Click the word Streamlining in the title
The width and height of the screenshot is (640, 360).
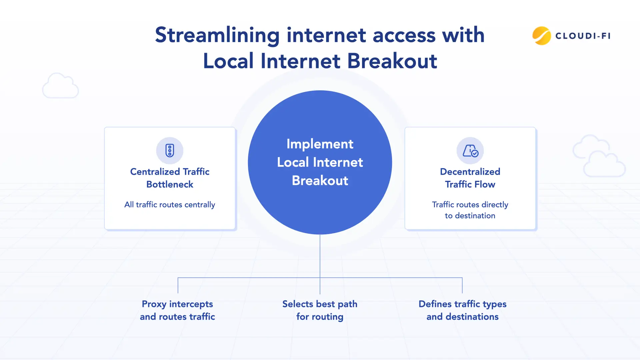(x=217, y=35)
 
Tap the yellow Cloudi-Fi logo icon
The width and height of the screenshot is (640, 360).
(x=541, y=36)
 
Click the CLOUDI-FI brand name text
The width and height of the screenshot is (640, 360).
(x=583, y=36)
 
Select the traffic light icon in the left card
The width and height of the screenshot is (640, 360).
(x=170, y=150)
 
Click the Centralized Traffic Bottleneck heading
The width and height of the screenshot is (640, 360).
(x=170, y=178)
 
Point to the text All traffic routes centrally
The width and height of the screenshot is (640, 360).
(x=170, y=204)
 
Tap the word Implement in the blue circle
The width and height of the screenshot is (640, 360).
(x=320, y=144)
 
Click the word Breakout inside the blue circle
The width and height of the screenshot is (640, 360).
(x=320, y=181)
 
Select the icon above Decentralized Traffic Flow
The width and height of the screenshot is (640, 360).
(x=470, y=151)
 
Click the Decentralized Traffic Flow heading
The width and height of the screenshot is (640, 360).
(x=470, y=178)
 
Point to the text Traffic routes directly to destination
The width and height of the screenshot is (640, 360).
(x=470, y=210)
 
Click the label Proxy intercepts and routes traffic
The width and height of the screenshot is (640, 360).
(x=177, y=310)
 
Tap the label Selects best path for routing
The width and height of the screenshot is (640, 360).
(x=320, y=310)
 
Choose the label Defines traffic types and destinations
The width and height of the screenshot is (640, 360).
(x=462, y=310)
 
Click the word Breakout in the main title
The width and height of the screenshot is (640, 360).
(x=392, y=61)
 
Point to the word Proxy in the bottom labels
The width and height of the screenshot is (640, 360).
(x=154, y=304)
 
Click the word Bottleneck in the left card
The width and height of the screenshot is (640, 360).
(x=170, y=184)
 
